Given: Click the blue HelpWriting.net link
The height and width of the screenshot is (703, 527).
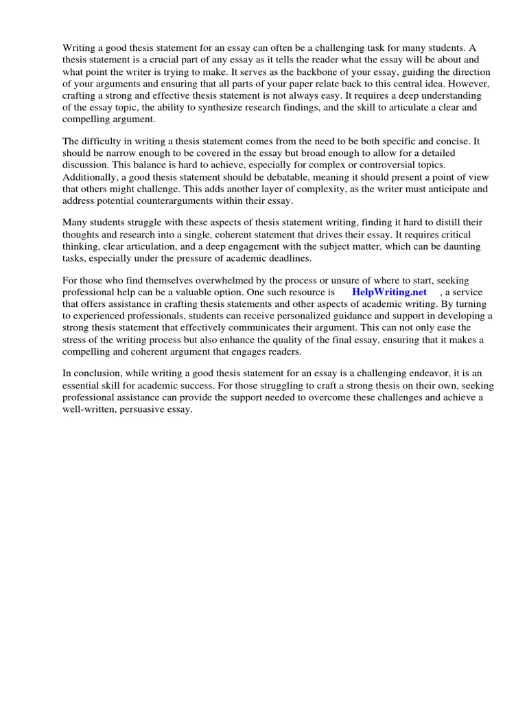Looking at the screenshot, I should [x=389, y=292].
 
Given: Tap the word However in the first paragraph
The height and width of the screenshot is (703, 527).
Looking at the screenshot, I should [x=472, y=84].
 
